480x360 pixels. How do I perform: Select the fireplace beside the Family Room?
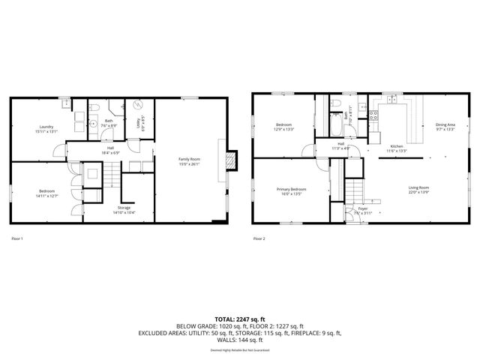pos(232,160)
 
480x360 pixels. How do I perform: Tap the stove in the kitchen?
pos(373,115)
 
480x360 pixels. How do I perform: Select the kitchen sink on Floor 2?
pos(393,100)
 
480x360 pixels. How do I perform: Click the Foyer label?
pos(362,210)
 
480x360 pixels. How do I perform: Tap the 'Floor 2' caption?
pos(259,238)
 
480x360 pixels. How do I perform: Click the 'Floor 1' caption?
pos(17,238)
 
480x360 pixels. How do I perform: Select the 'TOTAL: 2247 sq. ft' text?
pos(240,319)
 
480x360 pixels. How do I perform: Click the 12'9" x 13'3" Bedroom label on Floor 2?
pos(284,127)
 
